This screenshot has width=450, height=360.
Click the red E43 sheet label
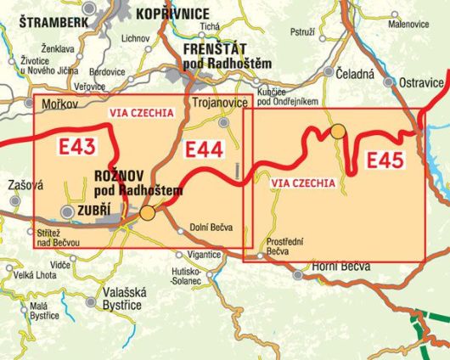pos(77,145)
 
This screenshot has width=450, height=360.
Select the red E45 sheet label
pos(385,160)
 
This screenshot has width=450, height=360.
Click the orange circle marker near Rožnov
pos(148,213)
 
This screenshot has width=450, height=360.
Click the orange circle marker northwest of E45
pos(338,131)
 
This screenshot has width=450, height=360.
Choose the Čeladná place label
pos(355,74)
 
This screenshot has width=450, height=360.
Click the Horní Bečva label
pos(342,267)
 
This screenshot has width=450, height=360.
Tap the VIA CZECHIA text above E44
pos(142,112)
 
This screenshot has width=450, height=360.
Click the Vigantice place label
pos(204,254)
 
